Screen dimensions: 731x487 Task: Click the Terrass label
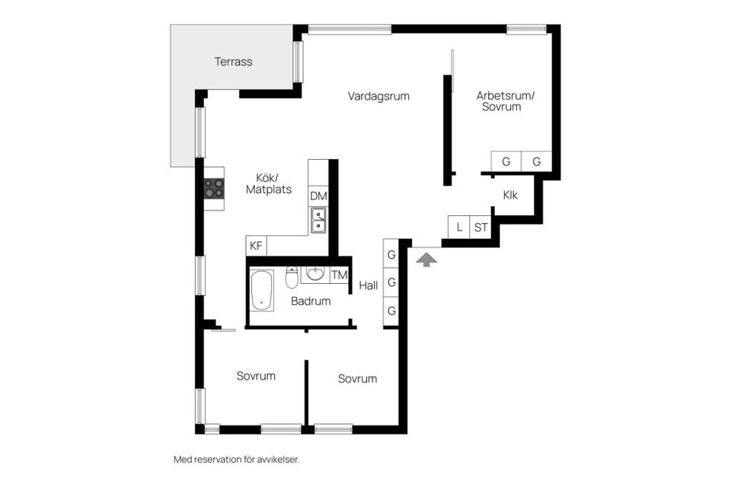coord(233,62)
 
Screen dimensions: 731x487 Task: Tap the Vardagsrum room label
coord(378,97)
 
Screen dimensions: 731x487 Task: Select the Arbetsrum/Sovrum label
coord(506,101)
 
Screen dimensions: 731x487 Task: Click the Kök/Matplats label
coord(269,183)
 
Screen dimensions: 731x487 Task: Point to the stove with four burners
coord(214,188)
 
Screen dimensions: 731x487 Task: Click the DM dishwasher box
coord(318,196)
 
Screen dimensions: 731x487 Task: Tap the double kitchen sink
coord(318,220)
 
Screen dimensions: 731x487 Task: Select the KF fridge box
coord(256,246)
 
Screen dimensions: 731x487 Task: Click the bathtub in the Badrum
coord(261,290)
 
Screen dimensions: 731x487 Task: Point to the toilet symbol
coord(292,277)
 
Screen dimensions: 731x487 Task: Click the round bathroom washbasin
coord(315,274)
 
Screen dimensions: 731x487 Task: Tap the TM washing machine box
coord(340,275)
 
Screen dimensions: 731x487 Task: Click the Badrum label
coord(311,301)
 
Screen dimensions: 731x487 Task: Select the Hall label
coord(369,285)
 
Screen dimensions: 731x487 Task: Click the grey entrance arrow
coord(426,259)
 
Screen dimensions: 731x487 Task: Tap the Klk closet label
coord(510,196)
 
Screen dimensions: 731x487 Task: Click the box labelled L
coord(458,228)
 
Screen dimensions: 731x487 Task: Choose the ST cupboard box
coord(480,228)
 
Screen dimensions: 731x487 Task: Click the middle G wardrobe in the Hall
coord(391,282)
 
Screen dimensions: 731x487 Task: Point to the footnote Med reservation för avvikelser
coord(236,460)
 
